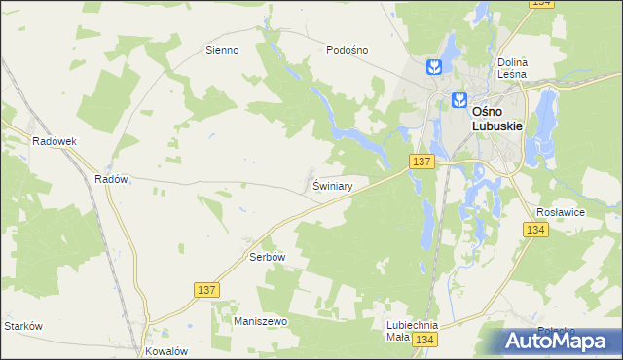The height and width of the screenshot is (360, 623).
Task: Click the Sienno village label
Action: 221,49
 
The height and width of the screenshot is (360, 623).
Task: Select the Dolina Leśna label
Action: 511,66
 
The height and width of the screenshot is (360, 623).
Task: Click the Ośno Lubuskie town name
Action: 498,118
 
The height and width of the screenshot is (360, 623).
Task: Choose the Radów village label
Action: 112,179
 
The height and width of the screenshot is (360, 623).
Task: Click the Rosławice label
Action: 560,210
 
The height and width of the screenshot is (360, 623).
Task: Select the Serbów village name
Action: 267,257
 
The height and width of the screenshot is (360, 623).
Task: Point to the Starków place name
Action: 23,326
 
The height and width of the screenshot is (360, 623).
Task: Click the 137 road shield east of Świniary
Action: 421,162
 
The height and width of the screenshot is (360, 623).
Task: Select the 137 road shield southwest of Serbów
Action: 206,290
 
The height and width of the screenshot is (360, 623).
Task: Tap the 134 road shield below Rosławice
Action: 534,230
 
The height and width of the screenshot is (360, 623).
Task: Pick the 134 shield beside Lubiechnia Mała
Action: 423,339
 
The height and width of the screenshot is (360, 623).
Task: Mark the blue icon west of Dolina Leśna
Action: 434,66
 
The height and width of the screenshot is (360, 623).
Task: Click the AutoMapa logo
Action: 559,341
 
